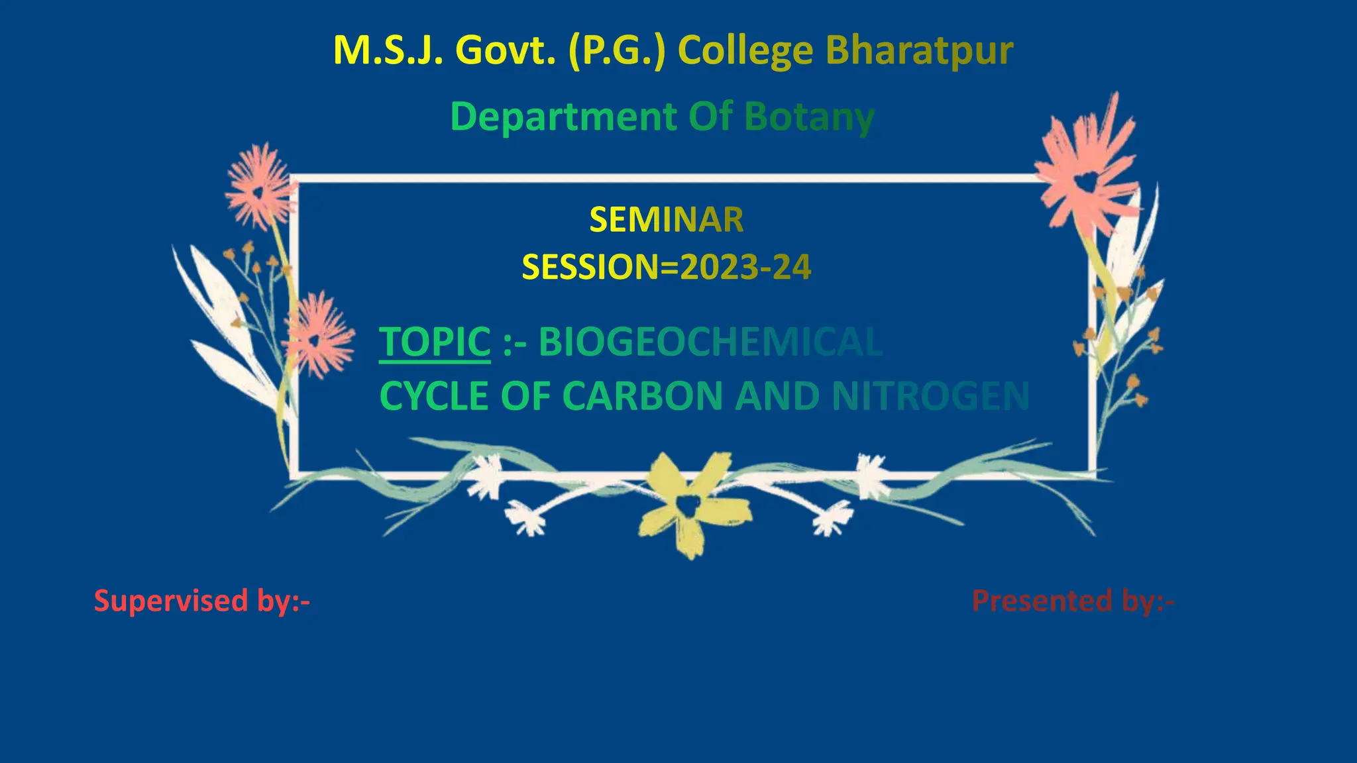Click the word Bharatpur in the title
tap(919, 51)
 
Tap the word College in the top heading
tap(745, 51)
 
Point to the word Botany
tap(809, 117)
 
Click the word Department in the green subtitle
tap(564, 117)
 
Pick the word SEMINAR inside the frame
tap(667, 220)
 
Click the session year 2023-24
tap(745, 268)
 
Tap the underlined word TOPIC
tap(435, 342)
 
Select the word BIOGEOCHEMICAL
tap(710, 342)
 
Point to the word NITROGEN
tap(930, 396)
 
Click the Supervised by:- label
tap(202, 601)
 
